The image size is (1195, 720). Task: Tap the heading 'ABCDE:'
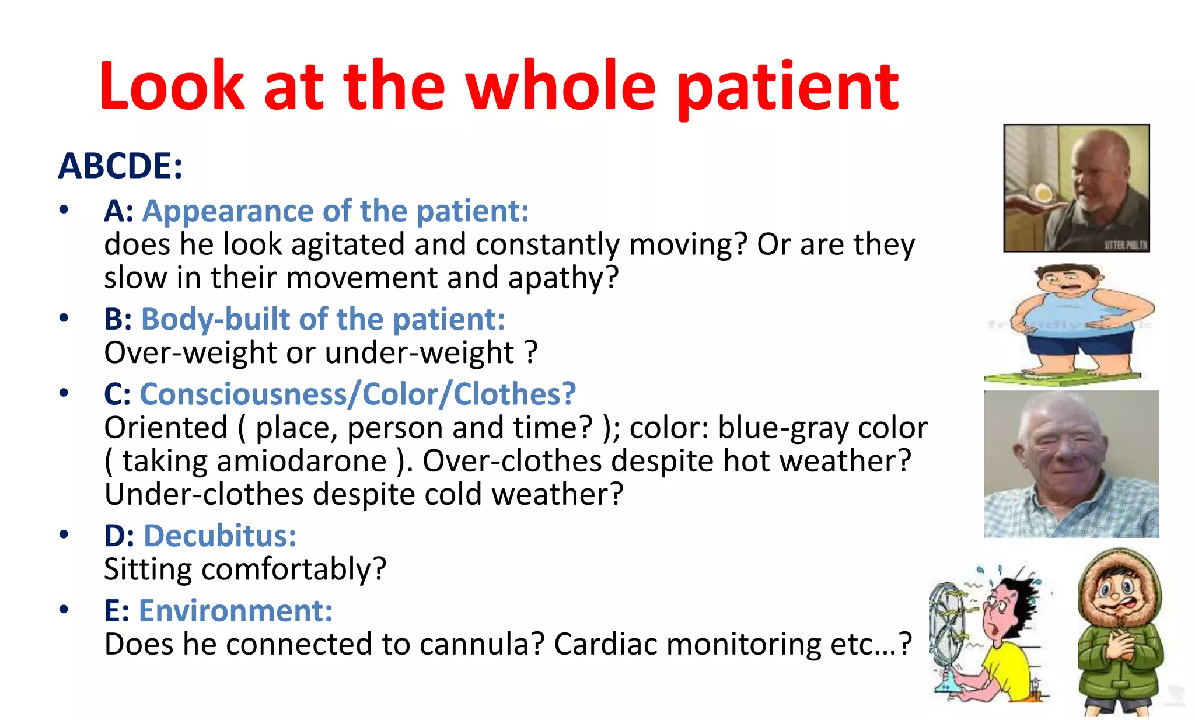(120, 166)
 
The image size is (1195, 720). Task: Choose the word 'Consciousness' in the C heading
(243, 394)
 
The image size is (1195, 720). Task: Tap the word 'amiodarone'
(302, 461)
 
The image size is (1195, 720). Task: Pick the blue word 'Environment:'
(236, 611)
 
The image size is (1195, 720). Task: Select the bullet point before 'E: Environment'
(64, 610)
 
